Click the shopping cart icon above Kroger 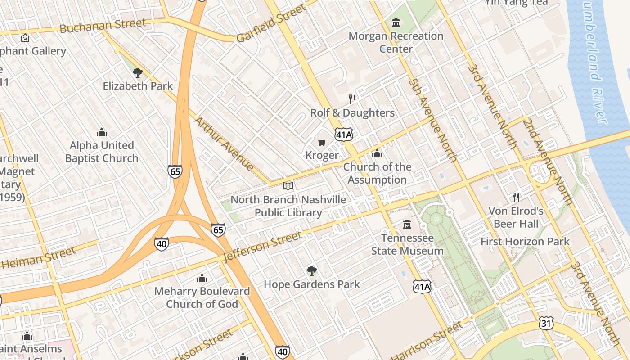(x=322, y=143)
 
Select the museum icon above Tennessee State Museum (x=407, y=224)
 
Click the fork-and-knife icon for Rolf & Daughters (x=352, y=99)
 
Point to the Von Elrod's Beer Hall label (x=516, y=217)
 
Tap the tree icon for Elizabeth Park (x=138, y=72)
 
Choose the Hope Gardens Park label (x=312, y=284)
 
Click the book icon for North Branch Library (x=288, y=185)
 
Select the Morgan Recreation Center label (x=396, y=42)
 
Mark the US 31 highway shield (x=546, y=323)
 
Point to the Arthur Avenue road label (x=224, y=144)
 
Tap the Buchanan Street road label (x=103, y=26)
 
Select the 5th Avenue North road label (x=433, y=120)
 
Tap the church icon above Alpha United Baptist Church (x=102, y=132)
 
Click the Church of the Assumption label (x=377, y=173)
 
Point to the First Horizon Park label (x=525, y=242)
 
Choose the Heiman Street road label (x=39, y=258)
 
